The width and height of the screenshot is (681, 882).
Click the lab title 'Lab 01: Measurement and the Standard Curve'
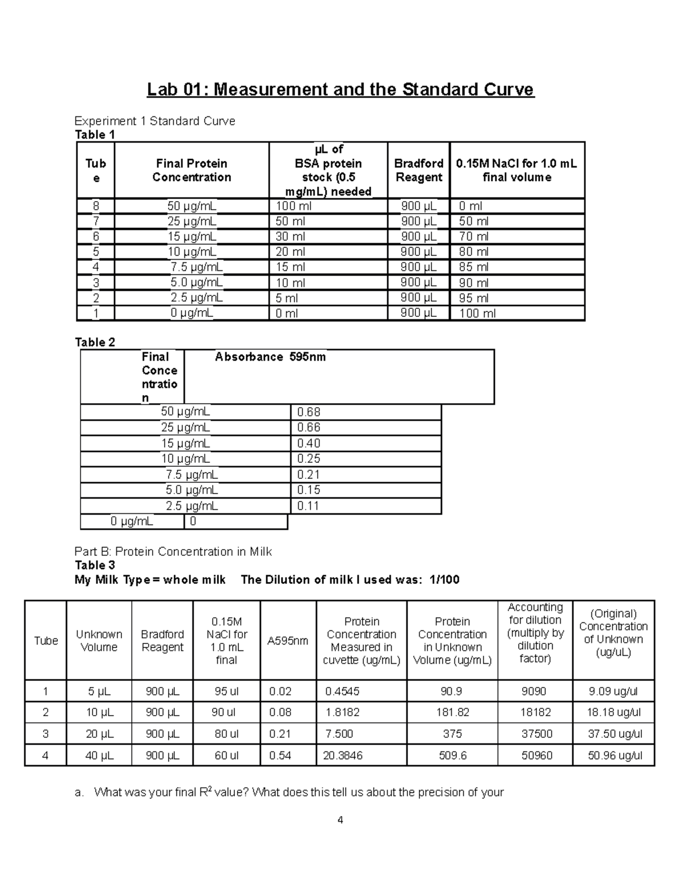340,90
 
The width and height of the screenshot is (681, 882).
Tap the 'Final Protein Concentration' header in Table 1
191,170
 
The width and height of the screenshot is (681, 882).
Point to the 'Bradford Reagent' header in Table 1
418,170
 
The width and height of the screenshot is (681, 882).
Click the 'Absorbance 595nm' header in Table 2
270,357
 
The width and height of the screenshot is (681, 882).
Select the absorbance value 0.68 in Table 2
309,412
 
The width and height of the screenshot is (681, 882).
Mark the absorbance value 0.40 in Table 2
309,443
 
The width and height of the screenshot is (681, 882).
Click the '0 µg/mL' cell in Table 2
132,521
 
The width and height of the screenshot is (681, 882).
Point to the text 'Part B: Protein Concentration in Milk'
173,551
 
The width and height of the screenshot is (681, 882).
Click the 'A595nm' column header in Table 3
288,641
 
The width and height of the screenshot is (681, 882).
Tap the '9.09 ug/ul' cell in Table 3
613,691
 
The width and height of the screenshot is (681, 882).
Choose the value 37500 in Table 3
536,734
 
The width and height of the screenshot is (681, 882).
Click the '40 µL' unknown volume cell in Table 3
99,755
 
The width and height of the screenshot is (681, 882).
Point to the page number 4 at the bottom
340,820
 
